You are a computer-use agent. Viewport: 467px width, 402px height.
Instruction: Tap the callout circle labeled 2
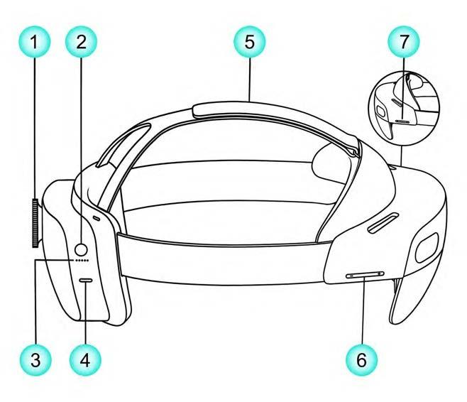pyautogui.click(x=82, y=40)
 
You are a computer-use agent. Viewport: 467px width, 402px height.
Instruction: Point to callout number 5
pyautogui.click(x=249, y=40)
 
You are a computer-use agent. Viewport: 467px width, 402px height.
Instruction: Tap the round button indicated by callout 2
pyautogui.click(x=82, y=249)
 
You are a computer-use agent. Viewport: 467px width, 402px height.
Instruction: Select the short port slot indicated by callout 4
pyautogui.click(x=87, y=281)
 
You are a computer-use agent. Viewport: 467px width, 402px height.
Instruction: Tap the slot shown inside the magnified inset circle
pyautogui.click(x=402, y=120)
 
